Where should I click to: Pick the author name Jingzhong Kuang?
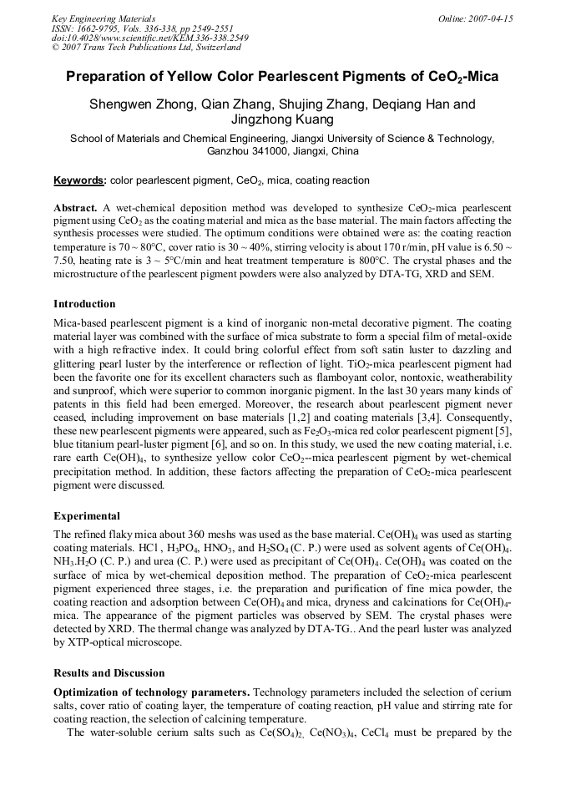(x=282, y=120)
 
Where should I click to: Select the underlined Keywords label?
(x=79, y=180)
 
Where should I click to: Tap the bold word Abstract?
(x=75, y=206)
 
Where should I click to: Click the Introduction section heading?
(x=84, y=303)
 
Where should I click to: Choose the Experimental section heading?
(x=86, y=515)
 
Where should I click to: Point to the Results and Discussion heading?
(x=109, y=672)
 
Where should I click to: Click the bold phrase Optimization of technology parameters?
(x=151, y=692)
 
